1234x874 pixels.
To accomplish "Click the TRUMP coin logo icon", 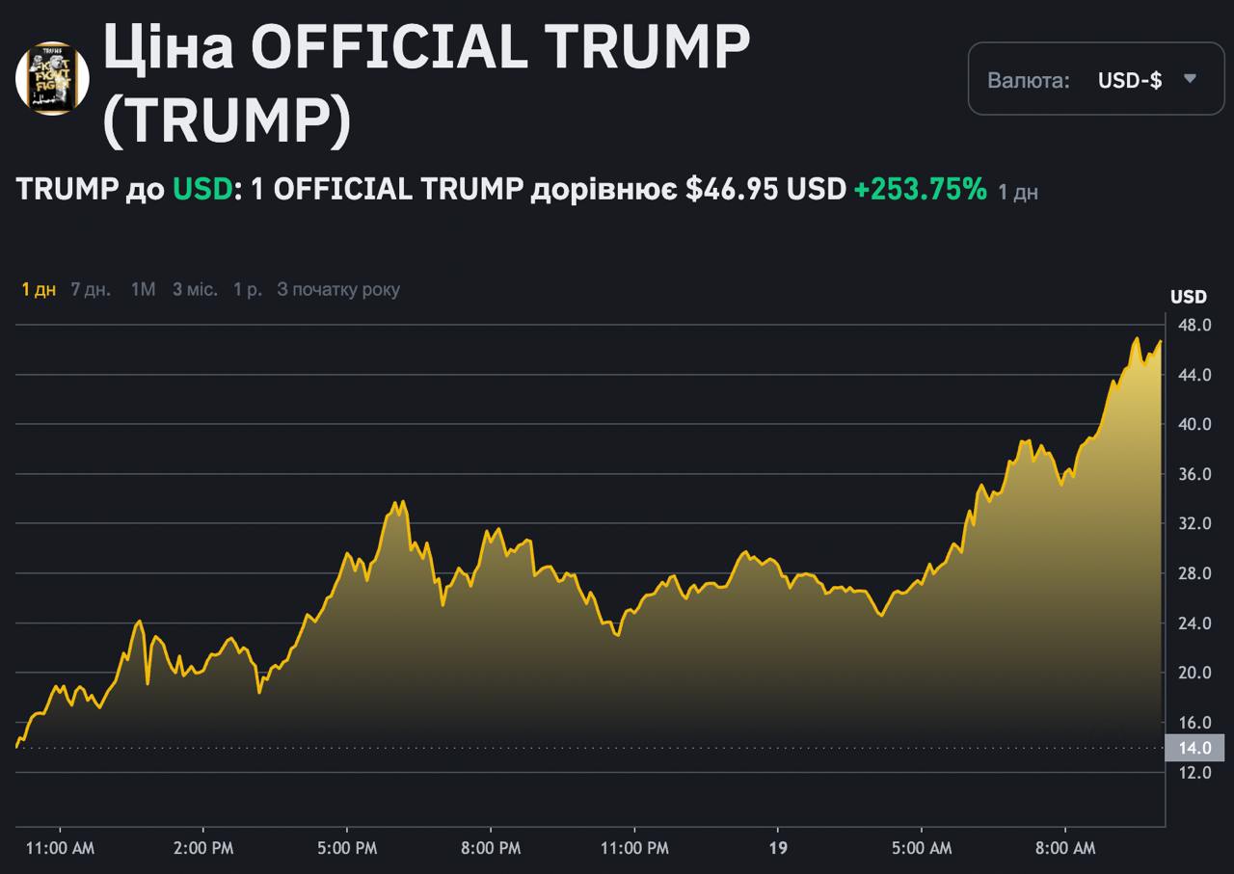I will pos(52,78).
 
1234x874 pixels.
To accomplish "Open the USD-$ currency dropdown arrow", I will pos(1190,79).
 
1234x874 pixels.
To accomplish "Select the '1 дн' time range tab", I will pos(39,289).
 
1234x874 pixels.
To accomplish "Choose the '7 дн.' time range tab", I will pos(91,289).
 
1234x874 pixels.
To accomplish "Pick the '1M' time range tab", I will pos(143,289).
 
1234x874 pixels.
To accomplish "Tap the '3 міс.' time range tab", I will pos(195,289).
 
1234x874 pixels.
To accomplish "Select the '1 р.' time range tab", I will pos(248,289).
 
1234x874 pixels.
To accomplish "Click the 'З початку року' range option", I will pos(338,289).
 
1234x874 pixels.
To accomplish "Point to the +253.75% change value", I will pos(920,190).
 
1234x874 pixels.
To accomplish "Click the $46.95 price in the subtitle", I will pos(732,190).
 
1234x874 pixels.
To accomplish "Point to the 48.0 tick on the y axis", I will pos(1194,325).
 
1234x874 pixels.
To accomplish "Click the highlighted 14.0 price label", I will pos(1194,748).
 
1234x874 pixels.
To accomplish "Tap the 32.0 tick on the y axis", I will pos(1194,524).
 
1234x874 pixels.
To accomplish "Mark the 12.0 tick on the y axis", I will pos(1194,773).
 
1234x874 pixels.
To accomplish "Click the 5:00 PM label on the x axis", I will pos(347,848).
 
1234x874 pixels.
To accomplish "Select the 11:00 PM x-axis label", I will pos(634,848).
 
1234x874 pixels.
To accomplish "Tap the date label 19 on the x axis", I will pos(778,848).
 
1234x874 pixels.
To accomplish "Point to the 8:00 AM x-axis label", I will pos(1065,848).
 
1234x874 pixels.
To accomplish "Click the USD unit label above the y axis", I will pos(1188,297).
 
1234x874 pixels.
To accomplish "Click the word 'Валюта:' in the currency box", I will pos(1029,80).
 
